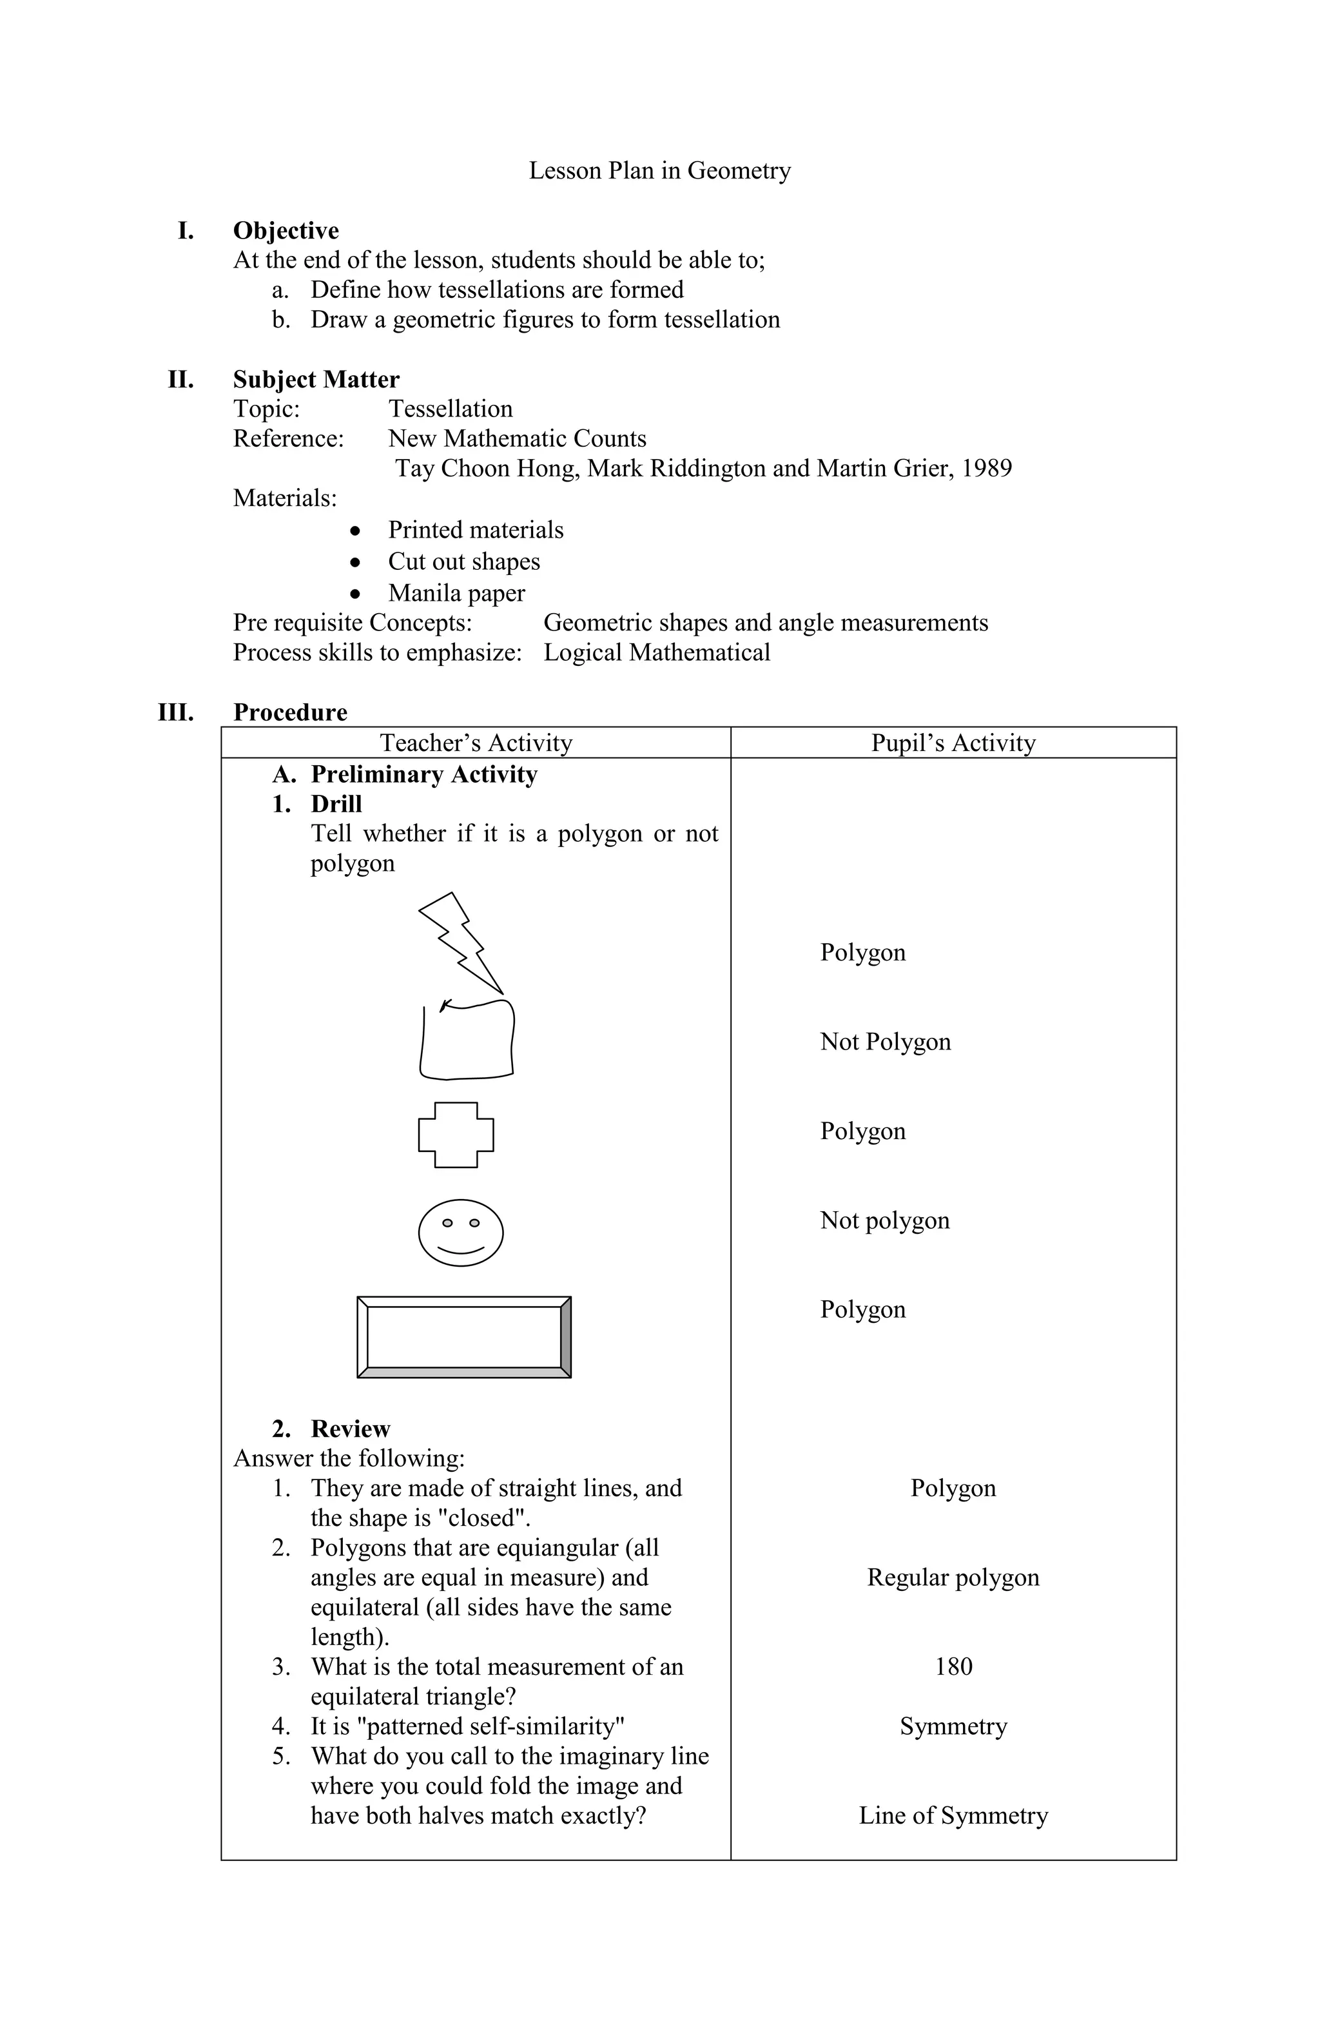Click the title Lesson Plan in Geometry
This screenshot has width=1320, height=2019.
[659, 171]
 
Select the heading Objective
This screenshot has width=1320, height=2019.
[286, 231]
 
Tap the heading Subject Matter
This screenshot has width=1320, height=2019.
[316, 379]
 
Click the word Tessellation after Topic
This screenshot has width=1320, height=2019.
[451, 409]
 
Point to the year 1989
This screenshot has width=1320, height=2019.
[987, 468]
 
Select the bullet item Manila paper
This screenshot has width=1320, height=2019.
[456, 593]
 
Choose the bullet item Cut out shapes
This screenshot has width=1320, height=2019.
[464, 561]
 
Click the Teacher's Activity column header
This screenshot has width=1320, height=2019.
[476, 743]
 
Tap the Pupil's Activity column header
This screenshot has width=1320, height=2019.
[953, 743]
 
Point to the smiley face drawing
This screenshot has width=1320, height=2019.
[461, 1233]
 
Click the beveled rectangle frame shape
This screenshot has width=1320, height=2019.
[463, 1338]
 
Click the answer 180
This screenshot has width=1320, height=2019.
[953, 1666]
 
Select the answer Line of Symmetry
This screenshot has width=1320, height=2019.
[953, 1815]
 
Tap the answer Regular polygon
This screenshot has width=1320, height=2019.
[953, 1577]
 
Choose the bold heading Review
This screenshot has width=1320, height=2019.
[351, 1429]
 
